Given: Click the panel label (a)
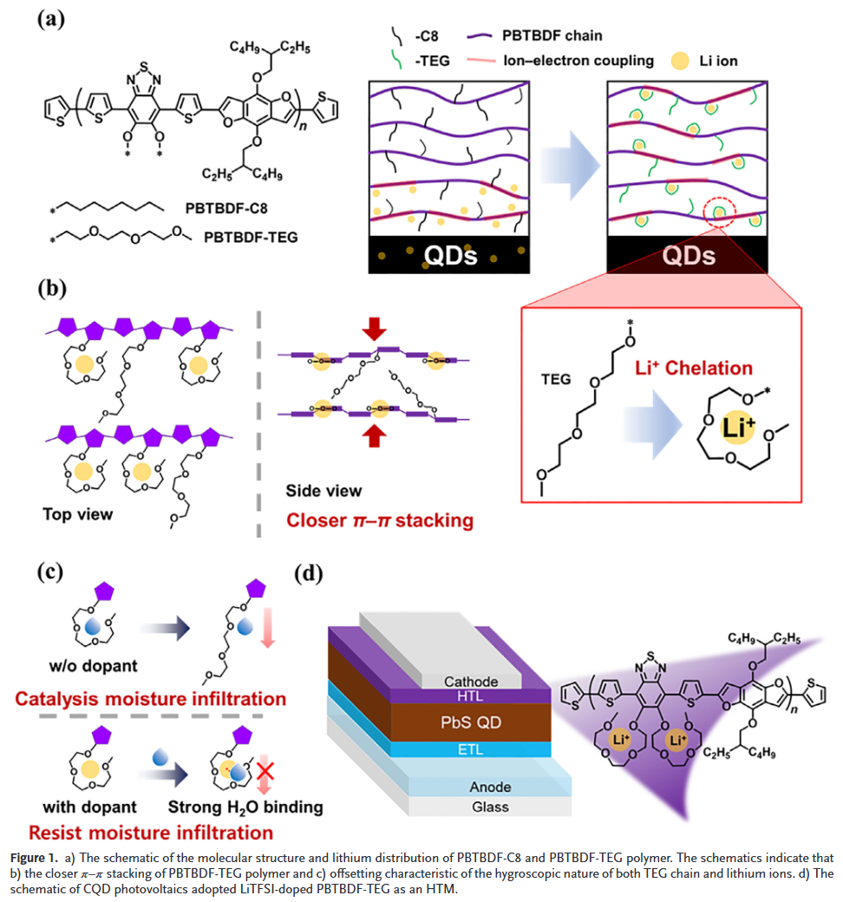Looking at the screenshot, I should point(51,18).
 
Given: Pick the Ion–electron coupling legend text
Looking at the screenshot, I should point(578,61).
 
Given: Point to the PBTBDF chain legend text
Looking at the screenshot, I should point(552,36).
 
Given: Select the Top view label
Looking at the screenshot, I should point(77,513).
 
